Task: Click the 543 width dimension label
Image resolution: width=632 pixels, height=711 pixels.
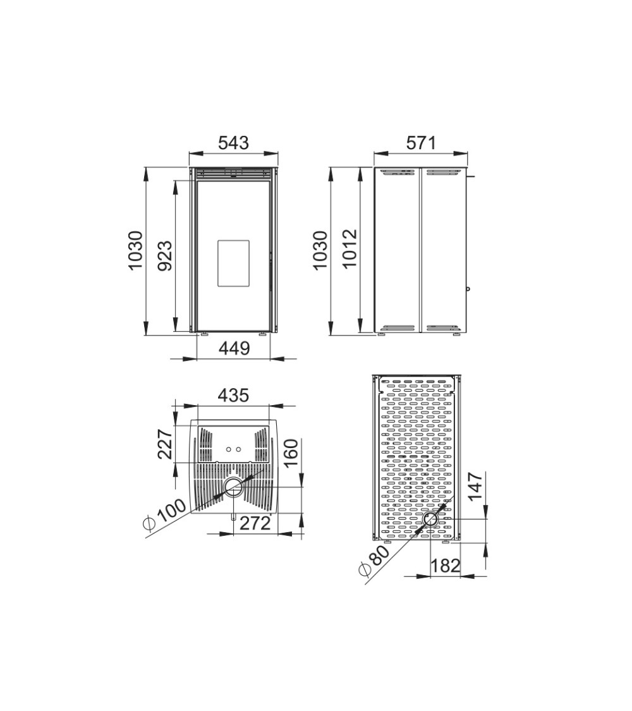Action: (234, 143)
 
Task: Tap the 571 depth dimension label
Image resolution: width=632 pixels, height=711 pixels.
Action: (420, 143)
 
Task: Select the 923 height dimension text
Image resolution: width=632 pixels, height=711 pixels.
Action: (165, 256)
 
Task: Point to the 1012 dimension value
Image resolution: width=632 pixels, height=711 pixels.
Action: (349, 249)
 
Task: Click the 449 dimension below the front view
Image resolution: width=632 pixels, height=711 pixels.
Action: (234, 348)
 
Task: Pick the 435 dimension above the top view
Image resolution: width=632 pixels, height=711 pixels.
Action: (234, 396)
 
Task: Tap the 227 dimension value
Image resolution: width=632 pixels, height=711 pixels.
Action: (165, 444)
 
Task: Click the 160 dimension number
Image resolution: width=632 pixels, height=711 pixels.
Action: (291, 453)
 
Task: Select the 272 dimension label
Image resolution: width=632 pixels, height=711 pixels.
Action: (255, 523)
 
